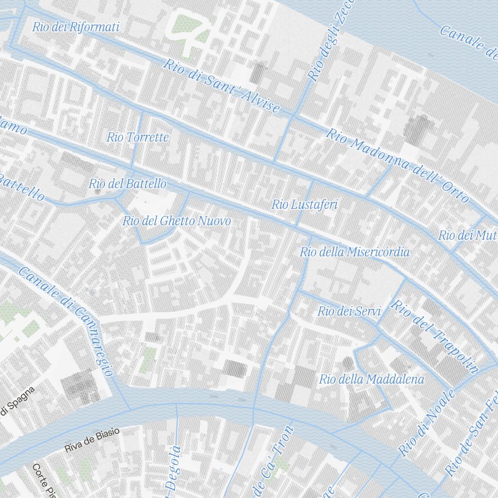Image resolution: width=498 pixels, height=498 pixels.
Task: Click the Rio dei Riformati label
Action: (76, 27)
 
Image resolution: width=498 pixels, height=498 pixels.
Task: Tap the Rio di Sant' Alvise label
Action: (222, 86)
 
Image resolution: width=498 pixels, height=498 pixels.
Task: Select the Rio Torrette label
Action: (138, 137)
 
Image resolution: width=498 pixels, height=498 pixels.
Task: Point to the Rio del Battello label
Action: (127, 184)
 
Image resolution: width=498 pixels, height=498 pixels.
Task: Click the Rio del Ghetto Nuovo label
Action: (177, 221)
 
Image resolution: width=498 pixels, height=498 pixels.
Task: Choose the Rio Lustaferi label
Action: (305, 204)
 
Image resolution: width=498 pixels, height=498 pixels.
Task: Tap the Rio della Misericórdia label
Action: (355, 252)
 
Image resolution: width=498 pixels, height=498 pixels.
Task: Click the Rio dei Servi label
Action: (349, 312)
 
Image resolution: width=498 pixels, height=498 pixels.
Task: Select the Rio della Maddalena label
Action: (372, 379)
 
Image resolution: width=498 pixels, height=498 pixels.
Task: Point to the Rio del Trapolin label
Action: (435, 336)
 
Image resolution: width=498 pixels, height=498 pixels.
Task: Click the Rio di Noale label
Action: (427, 423)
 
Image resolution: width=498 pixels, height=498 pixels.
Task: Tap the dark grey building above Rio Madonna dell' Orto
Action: (417, 128)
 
